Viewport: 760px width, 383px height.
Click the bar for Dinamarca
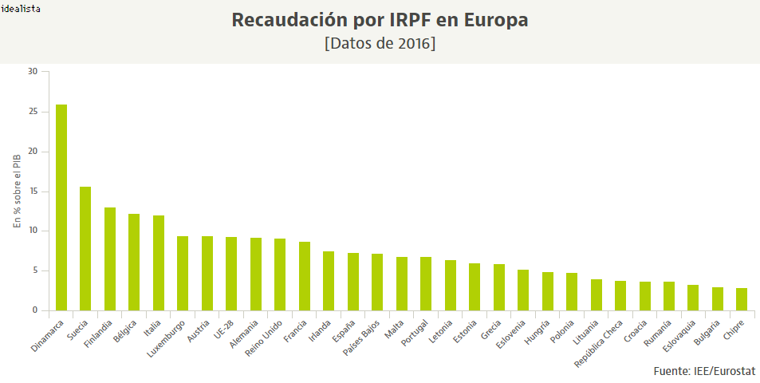click(61, 207)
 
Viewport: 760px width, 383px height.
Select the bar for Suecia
click(85, 248)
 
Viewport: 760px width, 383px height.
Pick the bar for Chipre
click(742, 299)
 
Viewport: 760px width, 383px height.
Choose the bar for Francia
click(305, 276)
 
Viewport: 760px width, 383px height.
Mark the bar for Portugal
click(426, 283)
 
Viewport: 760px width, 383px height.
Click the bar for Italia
click(159, 263)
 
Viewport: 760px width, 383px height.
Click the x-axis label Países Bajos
click(364, 340)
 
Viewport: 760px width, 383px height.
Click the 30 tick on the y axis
click(33, 72)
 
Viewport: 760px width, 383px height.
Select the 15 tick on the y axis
click(33, 191)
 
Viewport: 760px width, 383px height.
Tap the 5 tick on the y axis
click(35, 270)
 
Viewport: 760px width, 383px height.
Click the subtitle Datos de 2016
click(380, 43)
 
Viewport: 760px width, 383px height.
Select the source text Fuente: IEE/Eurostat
click(703, 371)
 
